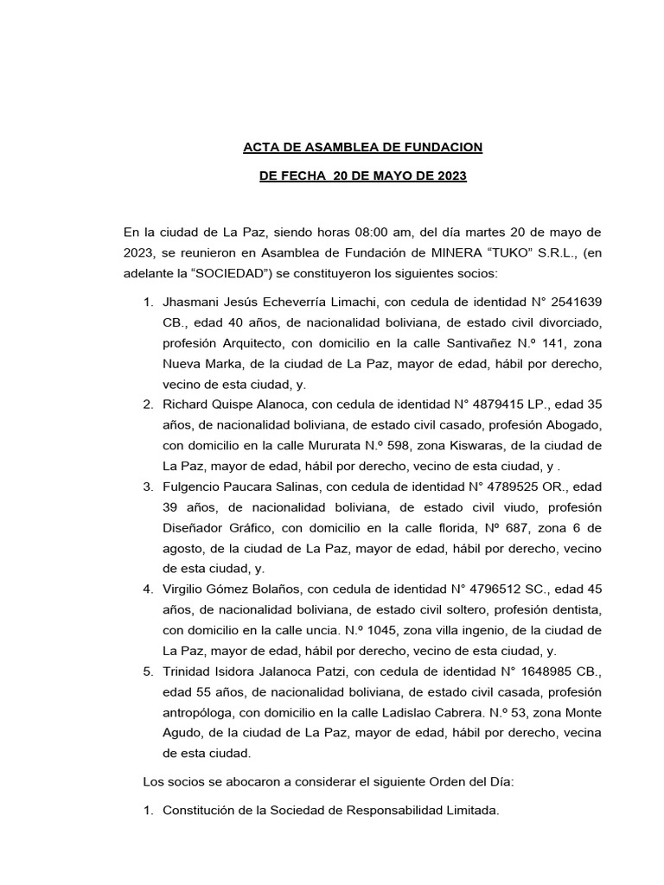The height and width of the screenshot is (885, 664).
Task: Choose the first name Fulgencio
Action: click(x=194, y=487)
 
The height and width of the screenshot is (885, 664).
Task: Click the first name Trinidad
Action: click(x=188, y=671)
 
